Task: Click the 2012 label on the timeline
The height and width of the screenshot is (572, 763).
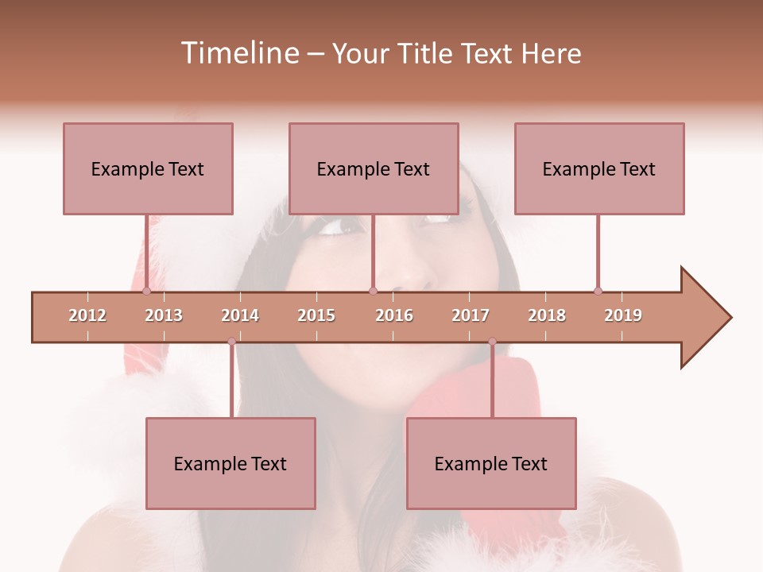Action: pyautogui.click(x=87, y=315)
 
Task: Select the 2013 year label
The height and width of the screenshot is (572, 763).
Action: pyautogui.click(x=164, y=315)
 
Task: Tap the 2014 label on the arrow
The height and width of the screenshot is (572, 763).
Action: pyautogui.click(x=240, y=315)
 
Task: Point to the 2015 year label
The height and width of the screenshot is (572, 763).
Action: pyautogui.click(x=316, y=315)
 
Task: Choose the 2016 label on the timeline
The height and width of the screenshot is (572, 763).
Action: pyautogui.click(x=394, y=315)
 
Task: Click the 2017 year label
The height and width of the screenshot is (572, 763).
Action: pyautogui.click(x=471, y=315)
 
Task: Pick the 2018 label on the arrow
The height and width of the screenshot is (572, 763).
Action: pyautogui.click(x=547, y=315)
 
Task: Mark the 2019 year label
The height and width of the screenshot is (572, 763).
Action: pyautogui.click(x=623, y=315)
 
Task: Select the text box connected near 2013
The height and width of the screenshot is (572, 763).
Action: pyautogui.click(x=148, y=168)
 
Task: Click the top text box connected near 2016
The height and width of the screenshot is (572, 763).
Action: pyautogui.click(x=374, y=168)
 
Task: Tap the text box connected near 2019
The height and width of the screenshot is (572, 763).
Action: pyautogui.click(x=599, y=168)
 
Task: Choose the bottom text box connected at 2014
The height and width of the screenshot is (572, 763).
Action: pyautogui.click(x=230, y=463)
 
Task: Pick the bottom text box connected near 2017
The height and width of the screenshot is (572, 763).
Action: pyautogui.click(x=491, y=463)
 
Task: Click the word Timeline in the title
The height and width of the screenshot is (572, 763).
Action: pyautogui.click(x=238, y=53)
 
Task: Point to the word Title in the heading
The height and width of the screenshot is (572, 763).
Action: pyautogui.click(x=428, y=53)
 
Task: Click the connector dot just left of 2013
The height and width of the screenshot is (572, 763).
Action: pyautogui.click(x=146, y=291)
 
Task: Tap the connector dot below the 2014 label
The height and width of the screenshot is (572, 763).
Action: pyautogui.click(x=231, y=341)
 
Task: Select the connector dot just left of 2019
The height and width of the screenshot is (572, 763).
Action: pyautogui.click(x=598, y=291)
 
